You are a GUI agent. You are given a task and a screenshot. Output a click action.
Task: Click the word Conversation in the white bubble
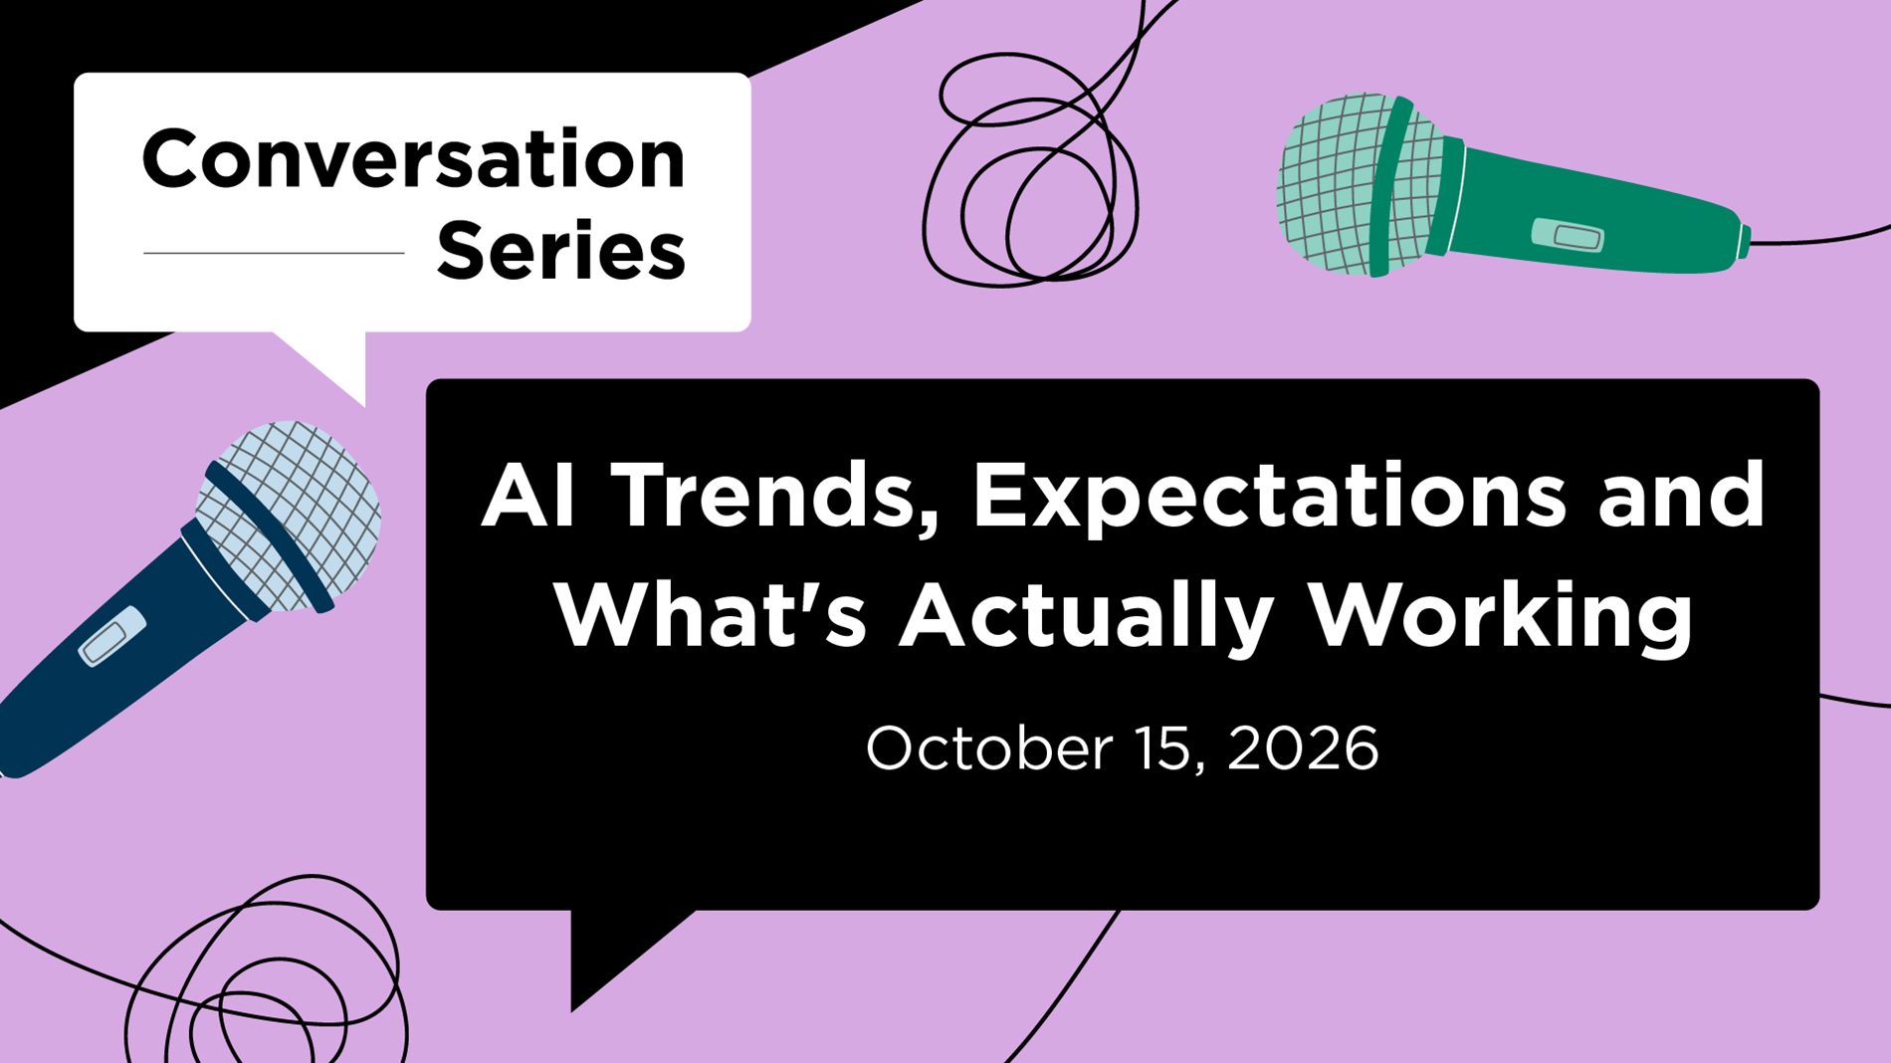(x=414, y=158)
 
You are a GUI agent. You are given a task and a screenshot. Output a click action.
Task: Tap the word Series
(x=561, y=250)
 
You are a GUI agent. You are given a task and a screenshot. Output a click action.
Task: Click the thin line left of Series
(x=274, y=253)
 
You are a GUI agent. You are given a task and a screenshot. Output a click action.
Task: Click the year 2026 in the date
(x=1303, y=748)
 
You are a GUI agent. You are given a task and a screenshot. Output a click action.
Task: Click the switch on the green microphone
(x=1568, y=236)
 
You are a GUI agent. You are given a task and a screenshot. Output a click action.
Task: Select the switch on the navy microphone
(x=112, y=636)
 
